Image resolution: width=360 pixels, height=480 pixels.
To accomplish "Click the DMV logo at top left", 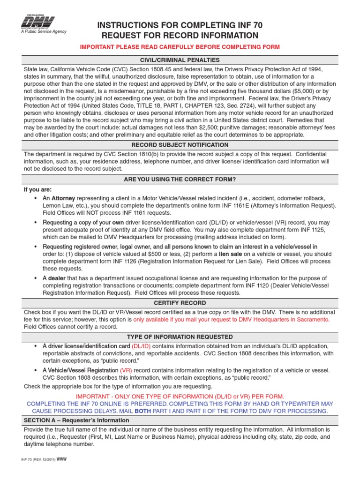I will point(38,22).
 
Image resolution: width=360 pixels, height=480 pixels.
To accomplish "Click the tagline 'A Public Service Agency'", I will point(44,32).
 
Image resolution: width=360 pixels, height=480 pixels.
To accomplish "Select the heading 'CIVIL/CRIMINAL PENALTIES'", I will point(180,60).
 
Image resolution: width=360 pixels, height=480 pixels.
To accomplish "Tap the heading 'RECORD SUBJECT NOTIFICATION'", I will point(180,145).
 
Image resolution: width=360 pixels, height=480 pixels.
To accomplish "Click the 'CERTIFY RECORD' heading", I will point(180,303).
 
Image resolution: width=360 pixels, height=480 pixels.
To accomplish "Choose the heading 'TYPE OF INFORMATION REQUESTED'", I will point(180,337).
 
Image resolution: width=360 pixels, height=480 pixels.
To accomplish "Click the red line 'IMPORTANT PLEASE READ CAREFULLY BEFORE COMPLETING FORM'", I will point(180,47).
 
